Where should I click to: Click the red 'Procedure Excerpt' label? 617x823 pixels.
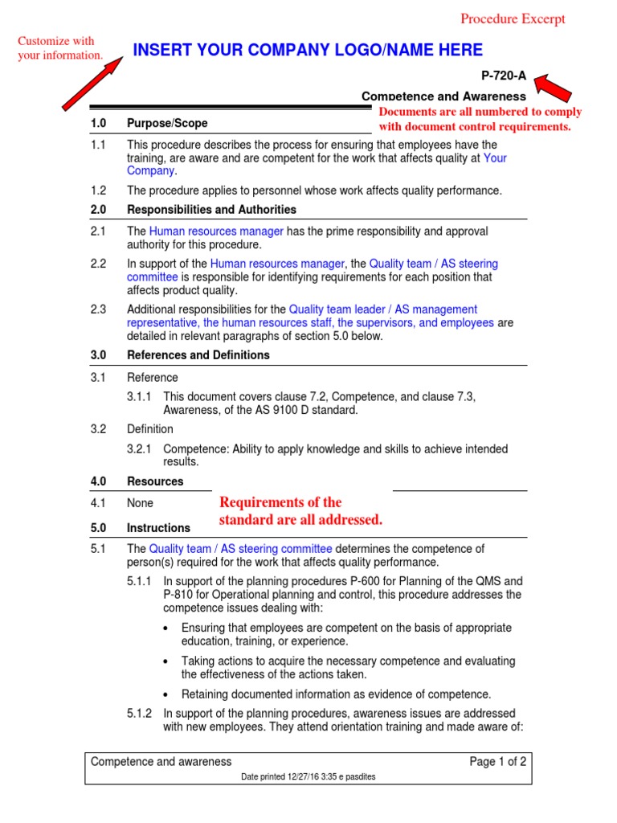tap(513, 19)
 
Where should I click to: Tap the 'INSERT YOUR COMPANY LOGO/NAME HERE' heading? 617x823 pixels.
tap(308, 51)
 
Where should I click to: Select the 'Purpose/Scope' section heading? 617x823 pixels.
tap(167, 123)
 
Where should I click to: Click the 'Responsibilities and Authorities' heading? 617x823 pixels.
tap(211, 210)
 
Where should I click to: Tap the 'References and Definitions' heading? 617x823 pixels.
tap(198, 355)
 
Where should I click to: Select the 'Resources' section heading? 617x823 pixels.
tap(155, 481)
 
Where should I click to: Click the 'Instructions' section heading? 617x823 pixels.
tap(158, 528)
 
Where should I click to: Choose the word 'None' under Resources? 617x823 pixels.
tap(140, 503)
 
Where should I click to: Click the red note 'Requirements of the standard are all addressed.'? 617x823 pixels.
tap(300, 511)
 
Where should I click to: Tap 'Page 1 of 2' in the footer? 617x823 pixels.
tap(498, 762)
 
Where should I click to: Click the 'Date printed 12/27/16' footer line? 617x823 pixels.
tap(308, 777)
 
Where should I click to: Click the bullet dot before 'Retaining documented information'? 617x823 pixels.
tap(165, 694)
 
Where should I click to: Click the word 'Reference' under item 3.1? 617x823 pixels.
tap(153, 378)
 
